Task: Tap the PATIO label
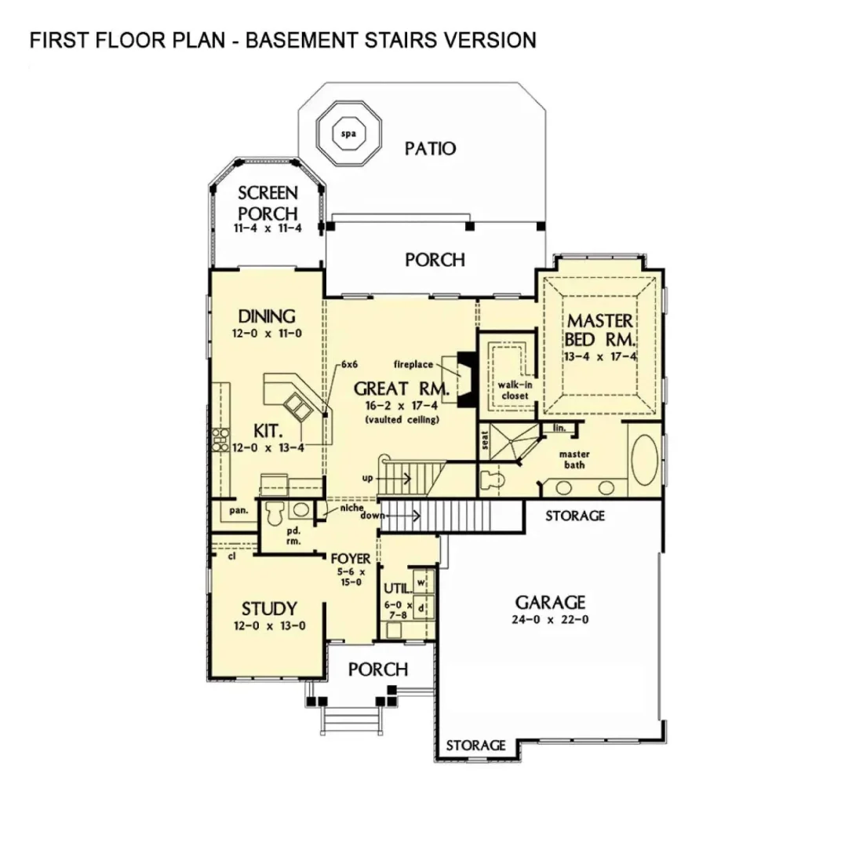coord(430,148)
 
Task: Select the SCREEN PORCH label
coord(268,202)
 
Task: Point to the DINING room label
coord(267,316)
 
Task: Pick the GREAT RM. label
coord(401,388)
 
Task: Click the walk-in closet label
coord(513,390)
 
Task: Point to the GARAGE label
coord(550,602)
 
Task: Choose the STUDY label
coord(268,608)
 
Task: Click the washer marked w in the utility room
coord(421,582)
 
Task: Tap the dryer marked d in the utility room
coord(421,607)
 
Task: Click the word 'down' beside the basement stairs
coord(372,515)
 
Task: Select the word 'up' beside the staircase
coord(366,477)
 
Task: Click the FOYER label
coord(350,558)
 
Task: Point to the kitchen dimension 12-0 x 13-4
coord(267,447)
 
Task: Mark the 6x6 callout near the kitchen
coord(349,365)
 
